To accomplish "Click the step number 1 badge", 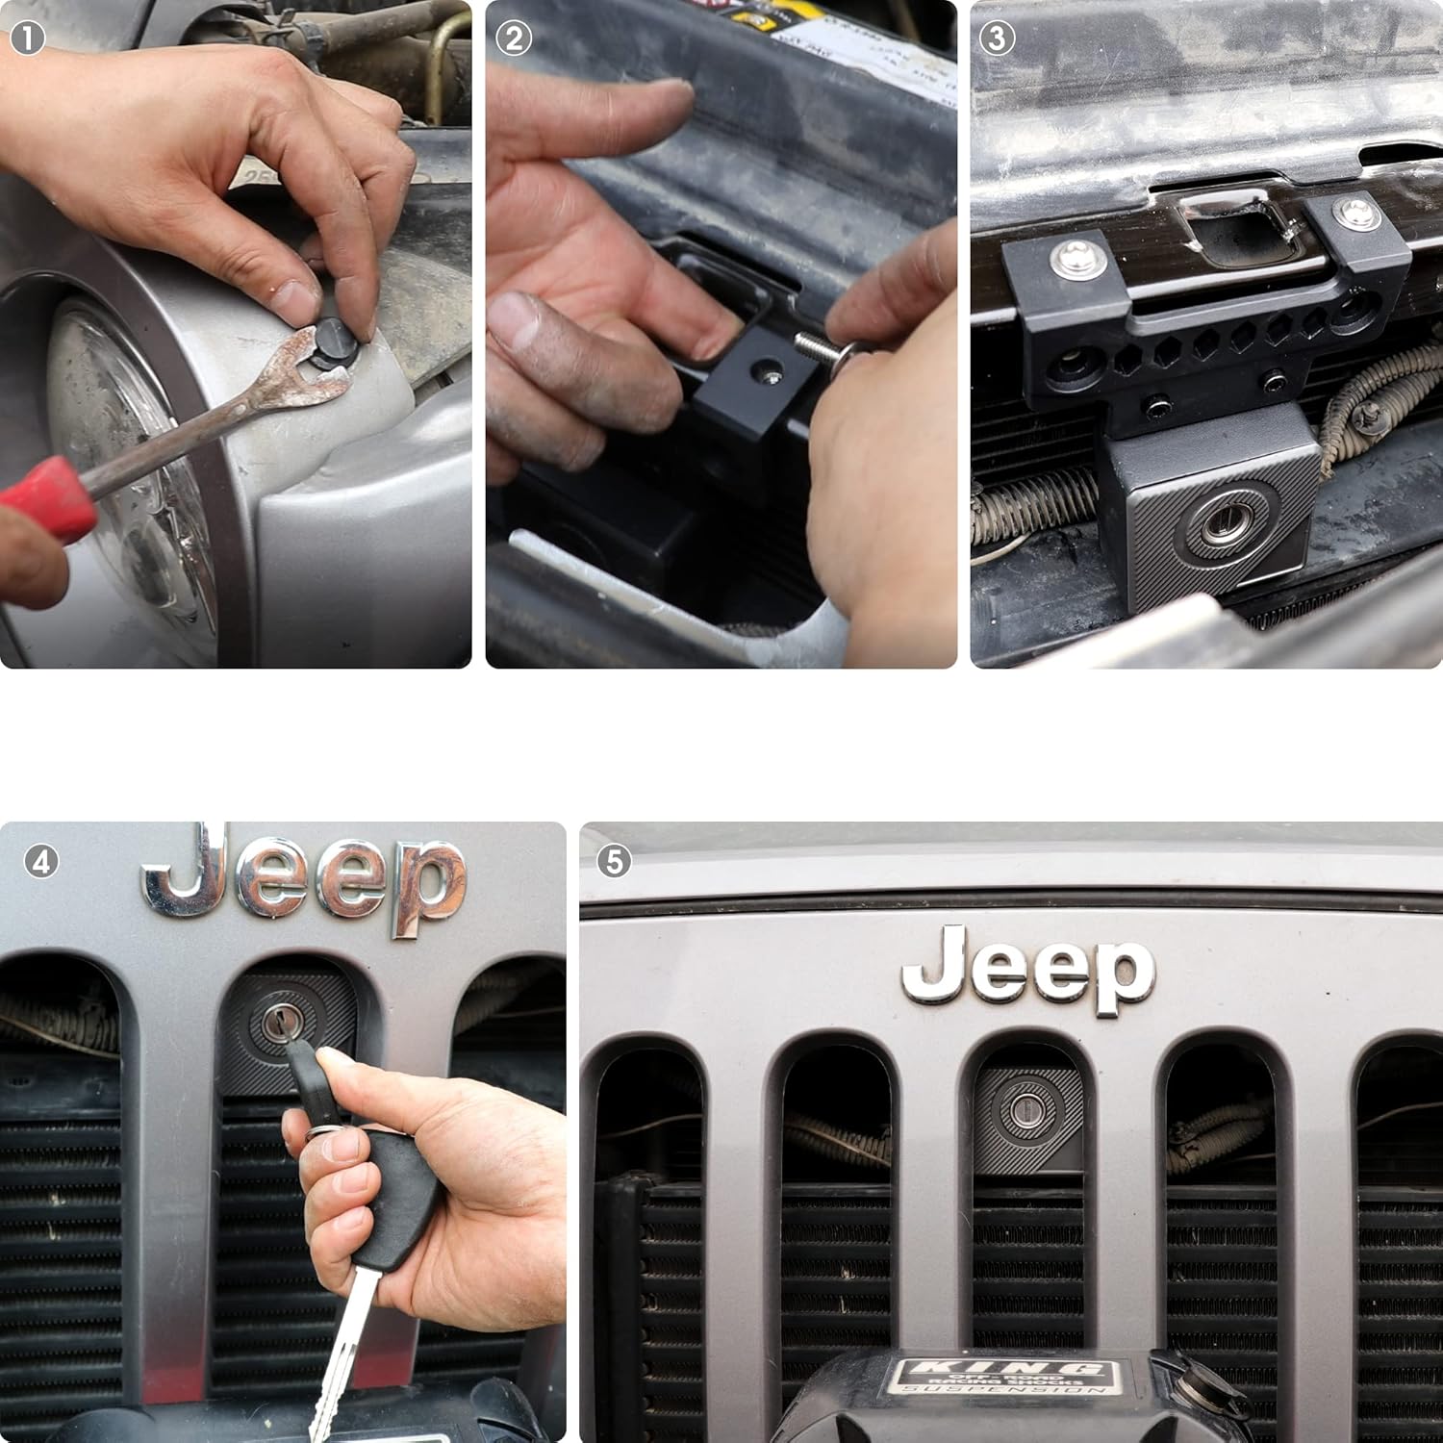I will pos(28,39).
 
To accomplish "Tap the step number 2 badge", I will pos(514,39).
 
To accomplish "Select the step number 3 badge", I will pos(999,39).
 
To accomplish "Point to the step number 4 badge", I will pos(40,862).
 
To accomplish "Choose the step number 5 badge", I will pos(614,862).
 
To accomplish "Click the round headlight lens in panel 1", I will pos(125,452).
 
